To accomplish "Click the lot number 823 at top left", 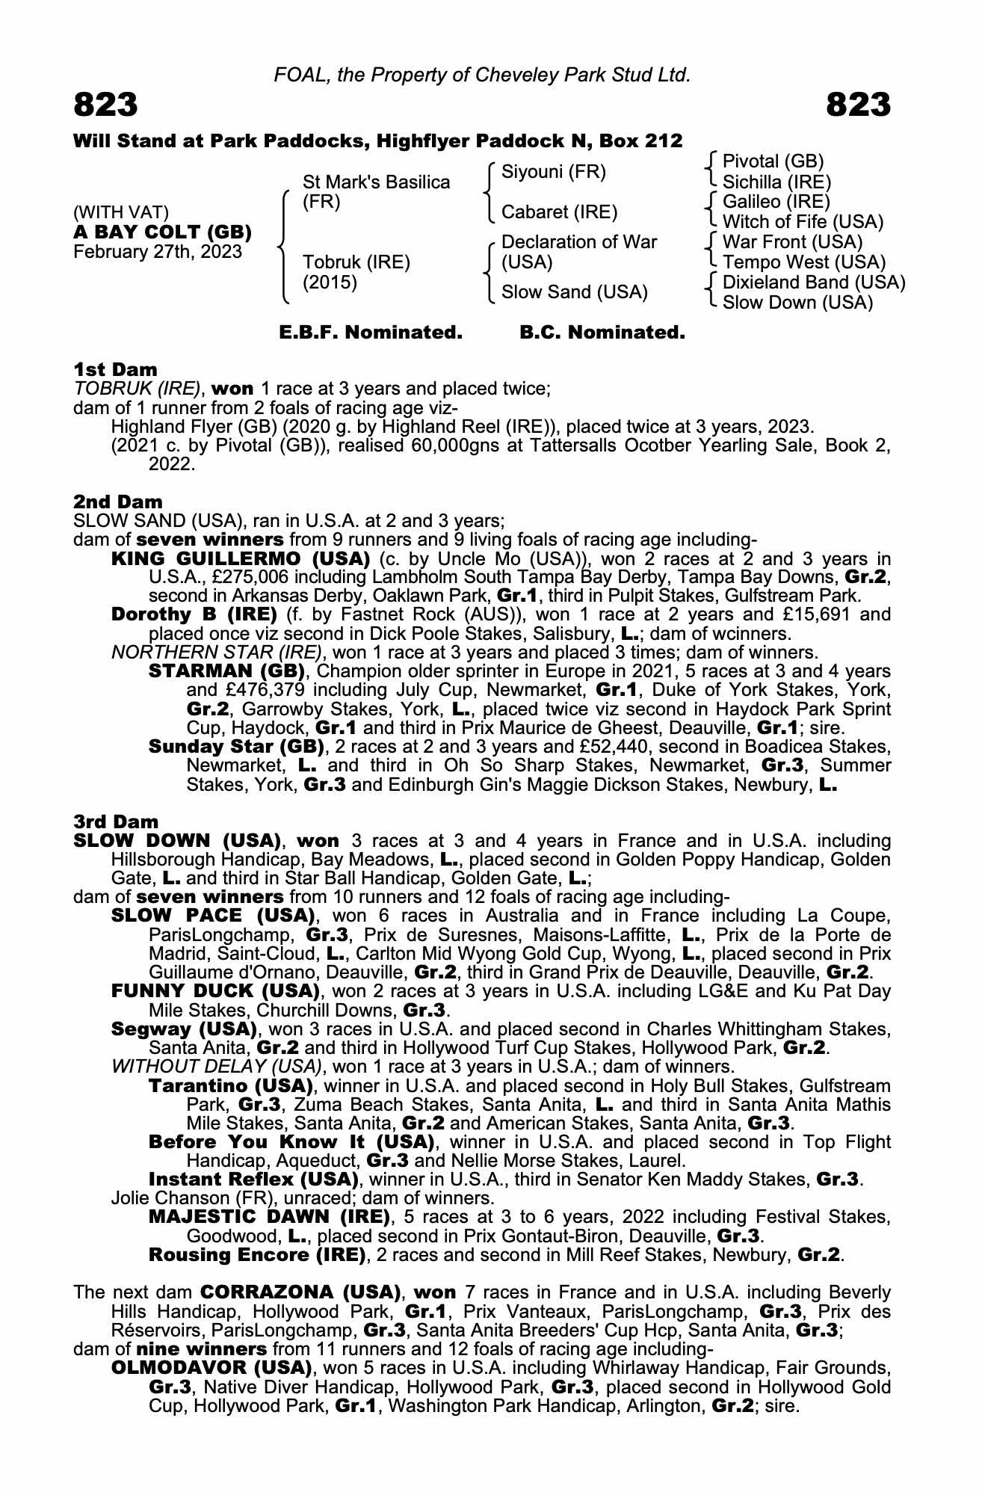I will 105,105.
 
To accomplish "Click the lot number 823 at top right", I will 858,105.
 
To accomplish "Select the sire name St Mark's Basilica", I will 376,182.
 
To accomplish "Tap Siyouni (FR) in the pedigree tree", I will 553,172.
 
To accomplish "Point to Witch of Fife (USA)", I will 803,222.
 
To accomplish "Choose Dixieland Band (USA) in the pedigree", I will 813,283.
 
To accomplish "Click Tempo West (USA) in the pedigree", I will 803,262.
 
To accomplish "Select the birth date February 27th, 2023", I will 158,251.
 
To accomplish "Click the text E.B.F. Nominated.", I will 371,333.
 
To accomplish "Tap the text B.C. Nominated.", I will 602,333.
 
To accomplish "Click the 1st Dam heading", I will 115,369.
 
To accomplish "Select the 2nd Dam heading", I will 117,502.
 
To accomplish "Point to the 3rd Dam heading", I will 116,822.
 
